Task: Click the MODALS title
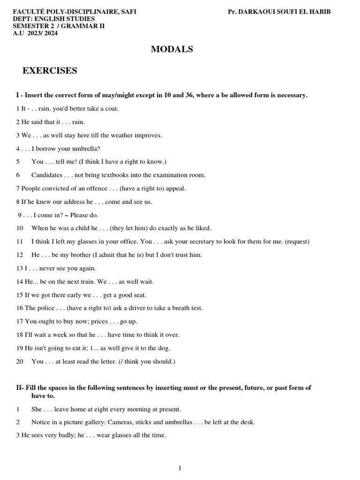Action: click(172, 49)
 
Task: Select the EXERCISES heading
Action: click(50, 71)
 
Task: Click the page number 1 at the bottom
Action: click(180, 468)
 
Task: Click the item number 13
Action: click(19, 269)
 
